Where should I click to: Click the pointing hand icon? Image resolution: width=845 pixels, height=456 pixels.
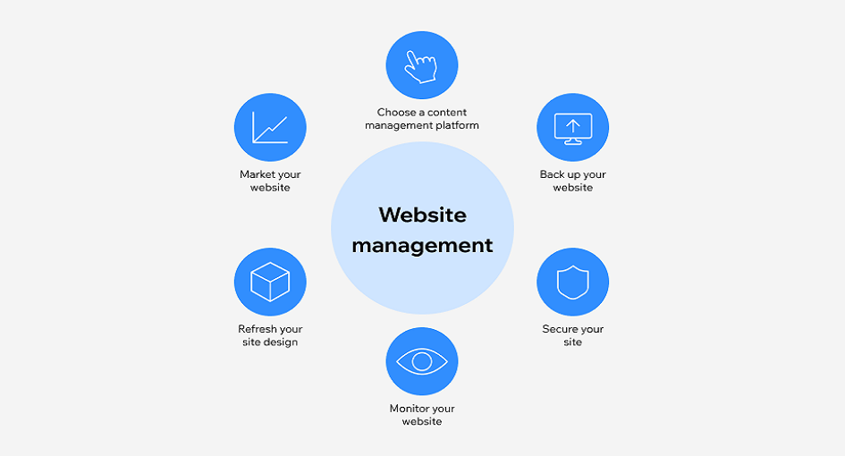pos(421,65)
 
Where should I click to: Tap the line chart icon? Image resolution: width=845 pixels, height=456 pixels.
pos(269,127)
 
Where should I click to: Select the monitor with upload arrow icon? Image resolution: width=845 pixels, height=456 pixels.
pos(572,127)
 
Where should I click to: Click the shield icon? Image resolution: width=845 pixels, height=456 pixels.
pos(572,283)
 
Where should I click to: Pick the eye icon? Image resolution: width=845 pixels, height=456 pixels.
pos(421,361)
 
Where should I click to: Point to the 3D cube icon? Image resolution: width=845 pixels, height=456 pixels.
pos(269,283)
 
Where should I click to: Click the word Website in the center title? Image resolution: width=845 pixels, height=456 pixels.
pos(422,215)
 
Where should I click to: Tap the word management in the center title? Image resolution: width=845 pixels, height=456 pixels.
pos(422,245)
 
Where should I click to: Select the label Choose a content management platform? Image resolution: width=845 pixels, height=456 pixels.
pos(422,119)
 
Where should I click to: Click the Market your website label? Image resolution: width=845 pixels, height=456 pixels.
pos(270,181)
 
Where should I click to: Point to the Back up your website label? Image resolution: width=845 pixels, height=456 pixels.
pos(572,181)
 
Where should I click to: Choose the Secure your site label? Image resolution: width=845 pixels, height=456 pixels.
pos(572,335)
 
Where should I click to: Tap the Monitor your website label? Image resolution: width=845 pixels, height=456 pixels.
pos(422,415)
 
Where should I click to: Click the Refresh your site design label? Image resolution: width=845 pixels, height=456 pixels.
pos(270,335)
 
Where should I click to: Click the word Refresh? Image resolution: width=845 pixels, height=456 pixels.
pos(258,329)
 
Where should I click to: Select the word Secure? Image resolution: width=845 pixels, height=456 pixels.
pos(560,329)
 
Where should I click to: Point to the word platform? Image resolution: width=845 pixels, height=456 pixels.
pos(457,126)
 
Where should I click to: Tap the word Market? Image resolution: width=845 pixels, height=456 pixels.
pos(258,174)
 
